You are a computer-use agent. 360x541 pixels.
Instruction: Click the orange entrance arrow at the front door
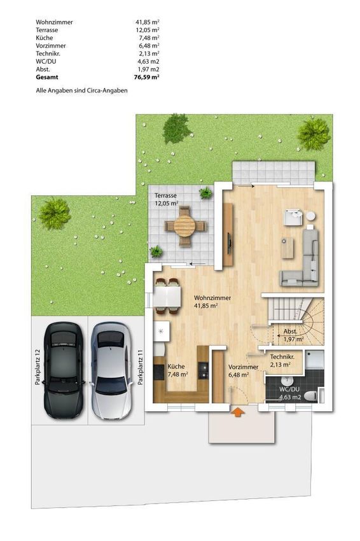(237, 412)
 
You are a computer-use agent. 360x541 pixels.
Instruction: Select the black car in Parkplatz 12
(63, 370)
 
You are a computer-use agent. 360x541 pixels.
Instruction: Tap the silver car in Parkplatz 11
(111, 370)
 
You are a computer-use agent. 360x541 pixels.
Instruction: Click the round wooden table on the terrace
(185, 226)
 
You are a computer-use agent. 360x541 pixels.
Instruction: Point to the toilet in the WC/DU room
(310, 395)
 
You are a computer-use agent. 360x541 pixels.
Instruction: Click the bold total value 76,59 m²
(146, 77)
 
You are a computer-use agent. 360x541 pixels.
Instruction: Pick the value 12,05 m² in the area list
(147, 30)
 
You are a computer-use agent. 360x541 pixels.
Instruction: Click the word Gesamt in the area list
(47, 77)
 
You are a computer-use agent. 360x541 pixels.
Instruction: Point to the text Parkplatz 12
(38, 367)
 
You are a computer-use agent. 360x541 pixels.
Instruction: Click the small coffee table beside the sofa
(287, 248)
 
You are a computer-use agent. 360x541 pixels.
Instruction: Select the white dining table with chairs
(167, 297)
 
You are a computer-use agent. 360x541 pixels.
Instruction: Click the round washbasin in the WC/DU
(286, 381)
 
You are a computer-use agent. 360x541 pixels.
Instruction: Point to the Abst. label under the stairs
(290, 332)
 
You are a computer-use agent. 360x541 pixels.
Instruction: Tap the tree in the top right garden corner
(314, 134)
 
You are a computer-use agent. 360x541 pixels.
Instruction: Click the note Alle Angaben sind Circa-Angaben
(81, 91)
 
